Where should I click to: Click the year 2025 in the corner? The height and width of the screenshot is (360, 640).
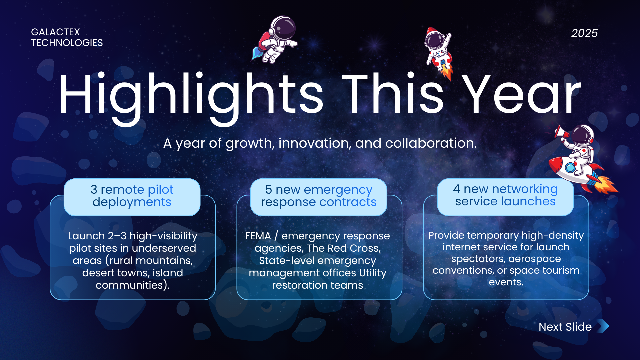[584, 33]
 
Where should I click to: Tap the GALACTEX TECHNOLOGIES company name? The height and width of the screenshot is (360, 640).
[67, 37]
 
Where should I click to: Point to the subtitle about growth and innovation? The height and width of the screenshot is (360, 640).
[320, 143]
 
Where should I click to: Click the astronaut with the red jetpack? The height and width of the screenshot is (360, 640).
[274, 40]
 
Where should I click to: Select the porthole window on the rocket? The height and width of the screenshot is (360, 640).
[570, 167]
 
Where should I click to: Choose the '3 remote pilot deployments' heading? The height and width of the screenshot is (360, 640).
[132, 196]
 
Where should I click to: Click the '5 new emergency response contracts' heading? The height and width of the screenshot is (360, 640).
[319, 196]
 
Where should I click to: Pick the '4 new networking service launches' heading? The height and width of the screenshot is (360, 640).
[505, 195]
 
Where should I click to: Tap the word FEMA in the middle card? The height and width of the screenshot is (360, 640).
[258, 236]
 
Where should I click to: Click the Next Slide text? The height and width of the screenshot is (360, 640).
[565, 327]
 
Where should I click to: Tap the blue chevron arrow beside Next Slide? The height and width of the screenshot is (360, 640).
[604, 326]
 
